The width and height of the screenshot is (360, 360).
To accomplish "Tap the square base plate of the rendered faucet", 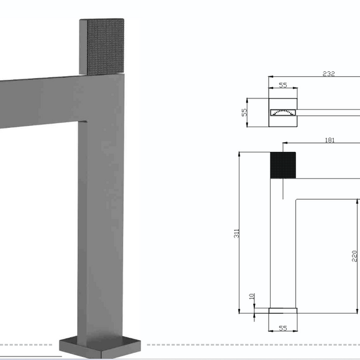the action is (x=100, y=347).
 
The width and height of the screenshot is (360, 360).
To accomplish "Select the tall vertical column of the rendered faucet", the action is (x=101, y=206).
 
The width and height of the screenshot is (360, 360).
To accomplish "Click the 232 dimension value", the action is (x=329, y=74).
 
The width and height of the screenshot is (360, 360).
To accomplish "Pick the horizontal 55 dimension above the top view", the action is (x=283, y=85).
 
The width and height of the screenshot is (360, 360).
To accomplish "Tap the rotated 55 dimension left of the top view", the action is (x=244, y=112).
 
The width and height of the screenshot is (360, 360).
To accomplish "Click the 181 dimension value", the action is (x=329, y=140).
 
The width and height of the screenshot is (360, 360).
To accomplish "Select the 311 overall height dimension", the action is (x=236, y=233).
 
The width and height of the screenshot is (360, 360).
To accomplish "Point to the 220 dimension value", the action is (x=354, y=256).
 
